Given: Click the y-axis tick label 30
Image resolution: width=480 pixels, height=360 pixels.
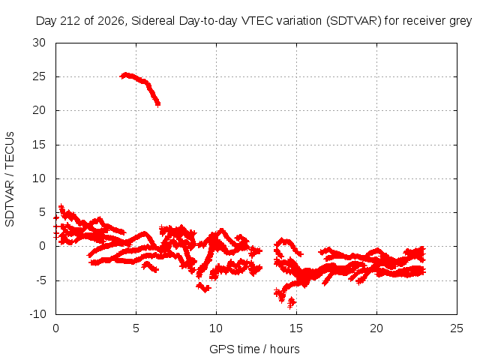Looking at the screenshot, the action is [x=39, y=43].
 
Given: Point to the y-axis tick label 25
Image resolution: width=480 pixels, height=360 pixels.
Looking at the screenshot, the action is [x=39, y=76].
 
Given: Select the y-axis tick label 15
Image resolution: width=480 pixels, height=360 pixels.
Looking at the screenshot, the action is [x=39, y=145].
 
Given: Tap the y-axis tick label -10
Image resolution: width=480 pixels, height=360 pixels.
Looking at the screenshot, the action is [x=37, y=314].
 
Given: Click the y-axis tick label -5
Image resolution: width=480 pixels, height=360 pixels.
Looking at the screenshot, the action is [x=40, y=280].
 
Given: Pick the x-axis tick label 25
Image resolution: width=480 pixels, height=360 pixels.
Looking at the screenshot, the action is [x=457, y=328].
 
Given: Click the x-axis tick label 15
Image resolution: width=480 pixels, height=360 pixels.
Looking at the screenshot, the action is [x=296, y=328].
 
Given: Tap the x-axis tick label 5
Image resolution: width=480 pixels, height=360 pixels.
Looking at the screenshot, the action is [x=136, y=328].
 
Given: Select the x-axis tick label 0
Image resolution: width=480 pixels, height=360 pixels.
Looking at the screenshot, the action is [x=55, y=328].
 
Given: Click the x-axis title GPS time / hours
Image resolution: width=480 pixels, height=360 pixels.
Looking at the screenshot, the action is [x=254, y=349].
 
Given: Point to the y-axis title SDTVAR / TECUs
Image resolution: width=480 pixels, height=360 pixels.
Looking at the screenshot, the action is [x=10, y=179].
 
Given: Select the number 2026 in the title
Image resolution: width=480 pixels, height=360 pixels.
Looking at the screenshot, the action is [x=111, y=21].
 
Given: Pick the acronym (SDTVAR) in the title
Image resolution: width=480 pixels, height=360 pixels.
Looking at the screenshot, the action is [x=353, y=21].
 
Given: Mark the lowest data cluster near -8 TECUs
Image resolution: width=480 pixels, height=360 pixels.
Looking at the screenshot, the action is [x=292, y=303].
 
